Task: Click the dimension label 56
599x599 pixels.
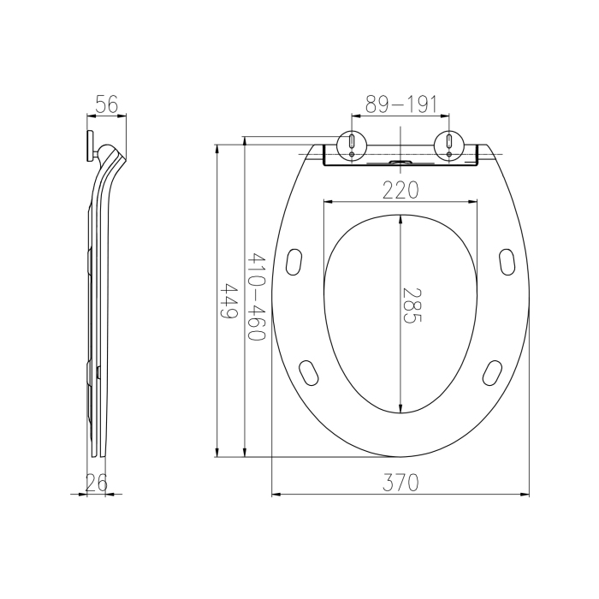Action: (107, 104)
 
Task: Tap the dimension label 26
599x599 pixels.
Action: (96, 483)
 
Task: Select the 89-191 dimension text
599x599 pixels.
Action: (400, 104)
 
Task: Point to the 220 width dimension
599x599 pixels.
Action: (400, 190)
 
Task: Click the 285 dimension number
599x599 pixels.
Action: (412, 305)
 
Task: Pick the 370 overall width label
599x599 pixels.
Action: (400, 483)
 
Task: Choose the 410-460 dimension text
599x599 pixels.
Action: (256, 296)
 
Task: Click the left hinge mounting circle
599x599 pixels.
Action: (352, 145)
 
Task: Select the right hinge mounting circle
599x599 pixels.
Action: (449, 145)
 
